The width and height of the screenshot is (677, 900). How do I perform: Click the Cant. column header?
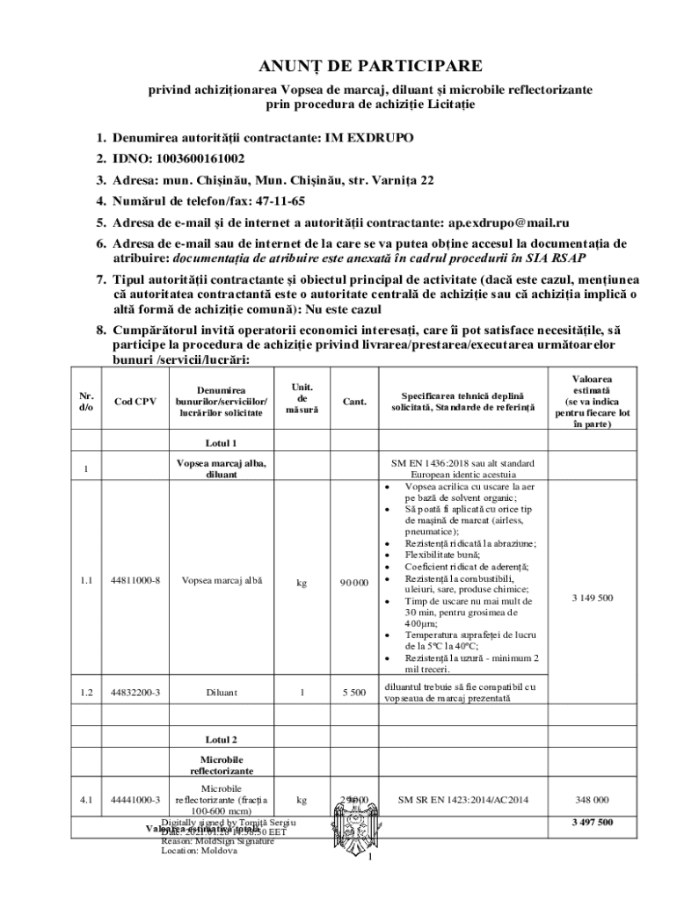point(354,402)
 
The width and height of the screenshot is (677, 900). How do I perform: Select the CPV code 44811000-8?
point(136,581)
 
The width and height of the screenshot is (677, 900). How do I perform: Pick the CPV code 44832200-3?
point(136,693)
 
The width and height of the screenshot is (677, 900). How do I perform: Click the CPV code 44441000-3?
point(136,801)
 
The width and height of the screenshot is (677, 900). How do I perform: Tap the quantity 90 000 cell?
point(355,582)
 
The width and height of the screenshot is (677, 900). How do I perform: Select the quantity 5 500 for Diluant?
point(353,693)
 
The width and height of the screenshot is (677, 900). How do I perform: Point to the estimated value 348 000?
point(592,801)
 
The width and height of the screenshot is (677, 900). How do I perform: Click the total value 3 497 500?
point(592,824)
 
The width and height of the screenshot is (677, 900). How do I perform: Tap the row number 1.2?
point(86,693)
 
